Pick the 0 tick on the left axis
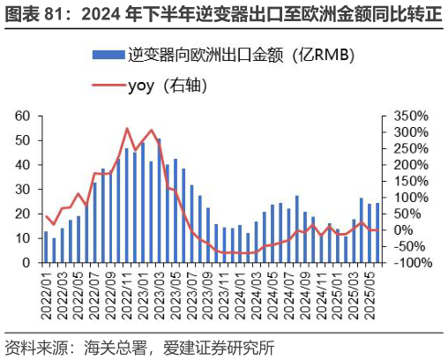point(26,263)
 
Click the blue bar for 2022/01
point(46,247)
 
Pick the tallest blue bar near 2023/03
point(159,201)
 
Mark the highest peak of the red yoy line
point(127,129)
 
